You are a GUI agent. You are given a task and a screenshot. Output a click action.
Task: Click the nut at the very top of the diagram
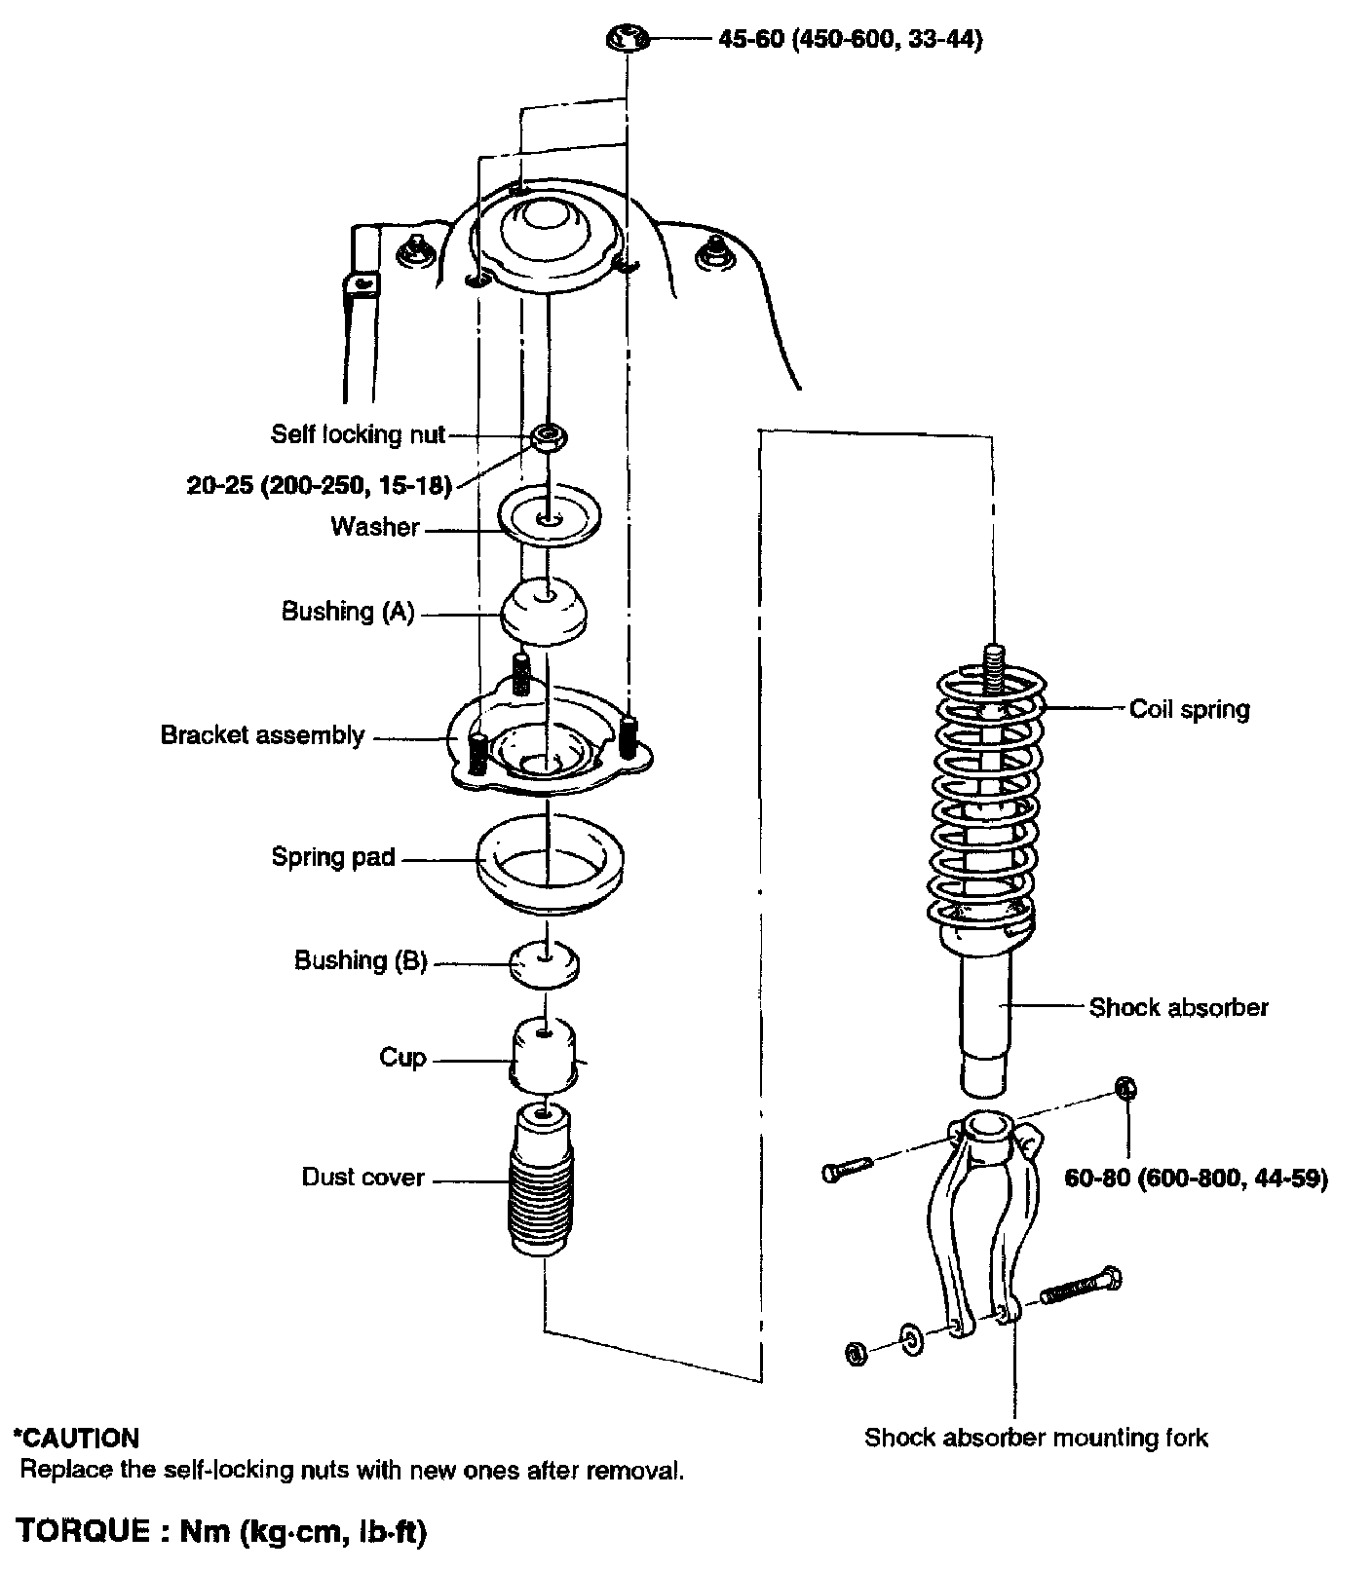(x=628, y=40)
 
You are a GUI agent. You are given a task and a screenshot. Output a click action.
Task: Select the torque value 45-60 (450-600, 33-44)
(x=849, y=40)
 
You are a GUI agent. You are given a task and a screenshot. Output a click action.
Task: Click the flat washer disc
(x=550, y=517)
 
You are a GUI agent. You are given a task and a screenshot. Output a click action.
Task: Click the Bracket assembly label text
(x=262, y=735)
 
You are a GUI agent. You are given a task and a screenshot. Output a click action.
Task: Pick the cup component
(x=545, y=1057)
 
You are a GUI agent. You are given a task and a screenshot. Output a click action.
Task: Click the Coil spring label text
(x=1189, y=709)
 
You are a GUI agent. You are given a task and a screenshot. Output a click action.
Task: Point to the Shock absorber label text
(x=1178, y=1007)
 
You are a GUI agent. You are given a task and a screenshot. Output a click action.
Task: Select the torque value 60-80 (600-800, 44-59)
(x=1196, y=1179)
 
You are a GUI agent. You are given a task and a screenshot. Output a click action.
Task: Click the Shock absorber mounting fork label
(x=1036, y=1438)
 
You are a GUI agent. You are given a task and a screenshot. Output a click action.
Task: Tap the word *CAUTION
(x=76, y=1438)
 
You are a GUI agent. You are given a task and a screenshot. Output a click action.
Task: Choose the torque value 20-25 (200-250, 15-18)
(x=320, y=485)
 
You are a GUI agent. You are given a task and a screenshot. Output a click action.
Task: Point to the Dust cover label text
(x=362, y=1178)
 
